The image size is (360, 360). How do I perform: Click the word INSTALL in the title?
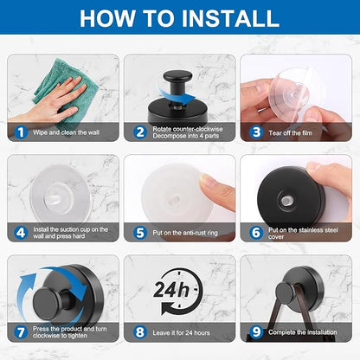point(230,18)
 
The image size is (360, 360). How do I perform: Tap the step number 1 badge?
point(21,132)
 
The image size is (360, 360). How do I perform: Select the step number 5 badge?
point(140,233)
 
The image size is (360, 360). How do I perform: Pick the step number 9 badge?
point(256,332)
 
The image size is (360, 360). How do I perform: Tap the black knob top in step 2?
point(177,77)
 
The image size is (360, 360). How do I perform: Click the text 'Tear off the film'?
point(290,133)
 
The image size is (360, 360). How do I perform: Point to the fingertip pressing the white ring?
point(214,188)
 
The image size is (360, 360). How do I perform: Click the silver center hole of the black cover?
point(286,201)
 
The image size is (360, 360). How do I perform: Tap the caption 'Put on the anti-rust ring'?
point(185,233)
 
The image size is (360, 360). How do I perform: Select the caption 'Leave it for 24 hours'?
point(181,332)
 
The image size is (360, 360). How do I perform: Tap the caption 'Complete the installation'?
point(303,332)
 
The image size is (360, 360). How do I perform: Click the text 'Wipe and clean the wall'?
point(66,132)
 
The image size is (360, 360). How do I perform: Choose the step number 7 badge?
point(21,332)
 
